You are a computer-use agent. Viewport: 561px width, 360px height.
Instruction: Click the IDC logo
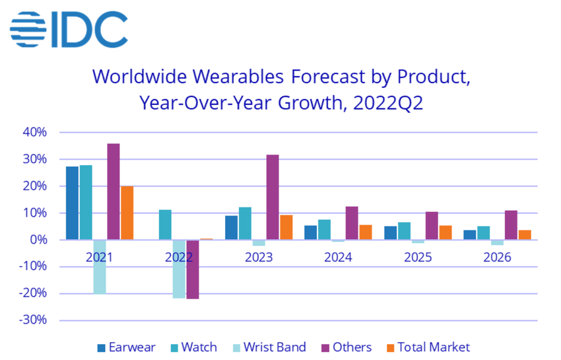click(x=69, y=29)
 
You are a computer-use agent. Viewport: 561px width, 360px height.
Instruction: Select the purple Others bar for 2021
click(x=114, y=192)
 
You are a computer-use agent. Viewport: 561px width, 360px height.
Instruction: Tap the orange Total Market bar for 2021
click(x=127, y=213)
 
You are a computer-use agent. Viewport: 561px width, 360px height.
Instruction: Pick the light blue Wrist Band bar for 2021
click(x=100, y=266)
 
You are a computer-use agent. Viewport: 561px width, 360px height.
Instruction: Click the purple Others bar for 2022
click(x=193, y=269)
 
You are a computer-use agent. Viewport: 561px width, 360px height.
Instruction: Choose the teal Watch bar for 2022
click(x=165, y=225)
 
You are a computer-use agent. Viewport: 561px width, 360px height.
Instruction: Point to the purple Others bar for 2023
click(x=272, y=197)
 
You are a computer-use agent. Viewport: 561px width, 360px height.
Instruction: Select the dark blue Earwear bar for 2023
click(x=231, y=227)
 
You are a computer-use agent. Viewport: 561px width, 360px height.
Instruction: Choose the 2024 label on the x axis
click(x=339, y=257)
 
